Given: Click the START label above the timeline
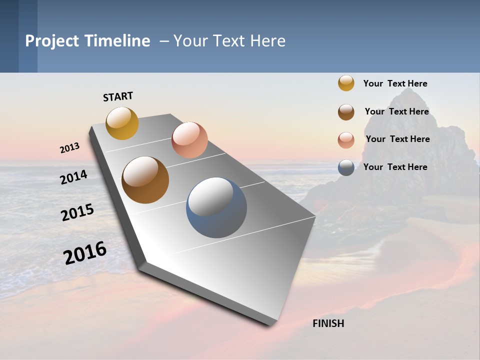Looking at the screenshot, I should [x=118, y=96].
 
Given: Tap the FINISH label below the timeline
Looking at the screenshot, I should [x=328, y=323].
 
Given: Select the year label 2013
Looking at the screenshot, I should [x=69, y=148].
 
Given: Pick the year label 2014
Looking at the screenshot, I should [x=73, y=177].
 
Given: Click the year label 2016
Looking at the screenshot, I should [x=85, y=253].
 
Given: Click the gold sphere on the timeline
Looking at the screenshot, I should [x=122, y=123].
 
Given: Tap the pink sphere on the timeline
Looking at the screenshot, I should [x=189, y=140].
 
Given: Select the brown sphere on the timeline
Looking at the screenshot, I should [x=145, y=180].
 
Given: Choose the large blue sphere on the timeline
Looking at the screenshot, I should [x=216, y=207].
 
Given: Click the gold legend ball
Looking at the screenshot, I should [x=346, y=83].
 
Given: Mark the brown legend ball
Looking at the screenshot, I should [x=346, y=112].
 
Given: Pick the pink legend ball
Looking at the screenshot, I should [x=346, y=140].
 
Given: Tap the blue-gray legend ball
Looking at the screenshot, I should [x=346, y=167].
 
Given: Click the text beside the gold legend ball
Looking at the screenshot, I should [x=395, y=83].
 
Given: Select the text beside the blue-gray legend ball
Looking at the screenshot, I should [x=395, y=167].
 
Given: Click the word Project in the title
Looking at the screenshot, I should [x=52, y=41].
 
